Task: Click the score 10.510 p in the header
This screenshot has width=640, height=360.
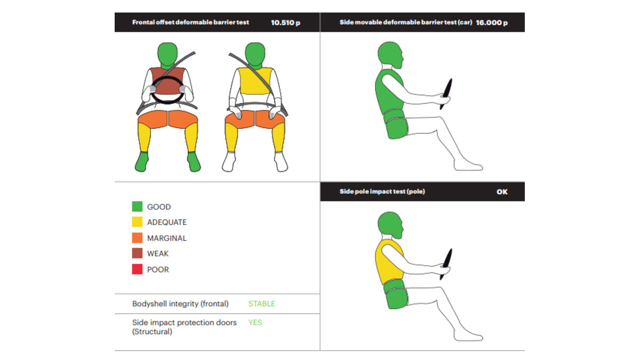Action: (x=285, y=22)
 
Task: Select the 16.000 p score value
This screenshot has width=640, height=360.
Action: (x=492, y=22)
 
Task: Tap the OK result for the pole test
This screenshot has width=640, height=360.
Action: (x=502, y=191)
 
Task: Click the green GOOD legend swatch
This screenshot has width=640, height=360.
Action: (x=137, y=206)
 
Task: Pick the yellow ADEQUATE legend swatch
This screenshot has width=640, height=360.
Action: (x=137, y=222)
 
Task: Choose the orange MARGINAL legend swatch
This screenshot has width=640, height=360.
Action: (x=137, y=238)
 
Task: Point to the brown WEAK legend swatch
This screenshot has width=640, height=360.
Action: (x=137, y=253)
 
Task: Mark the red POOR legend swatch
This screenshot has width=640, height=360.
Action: (x=137, y=269)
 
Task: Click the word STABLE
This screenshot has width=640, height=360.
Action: (x=261, y=303)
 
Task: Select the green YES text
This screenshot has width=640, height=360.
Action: (x=255, y=323)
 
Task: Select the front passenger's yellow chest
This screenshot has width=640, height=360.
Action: (x=255, y=81)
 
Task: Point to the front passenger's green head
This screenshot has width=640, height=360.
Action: (x=255, y=54)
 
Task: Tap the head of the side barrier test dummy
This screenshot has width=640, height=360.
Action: (x=390, y=54)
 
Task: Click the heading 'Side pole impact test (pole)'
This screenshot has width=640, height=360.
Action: (x=382, y=191)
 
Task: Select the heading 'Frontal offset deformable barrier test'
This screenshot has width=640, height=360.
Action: (x=190, y=22)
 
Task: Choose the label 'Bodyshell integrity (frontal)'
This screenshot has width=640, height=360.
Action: (x=180, y=303)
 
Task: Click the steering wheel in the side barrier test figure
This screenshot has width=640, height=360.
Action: (x=446, y=94)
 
